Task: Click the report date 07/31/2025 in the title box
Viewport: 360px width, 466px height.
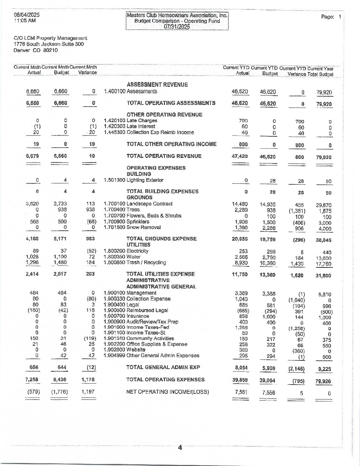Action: [x=177, y=27]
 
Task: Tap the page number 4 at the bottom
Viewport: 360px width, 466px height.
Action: [x=180, y=448]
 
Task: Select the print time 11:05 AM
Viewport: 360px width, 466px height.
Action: [x=25, y=21]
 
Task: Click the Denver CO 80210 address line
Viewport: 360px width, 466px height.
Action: [x=36, y=50]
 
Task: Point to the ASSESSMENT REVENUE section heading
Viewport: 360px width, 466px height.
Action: [x=157, y=85]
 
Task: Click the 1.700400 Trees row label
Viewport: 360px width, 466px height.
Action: [x=122, y=210]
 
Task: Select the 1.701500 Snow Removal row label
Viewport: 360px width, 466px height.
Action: [x=132, y=227]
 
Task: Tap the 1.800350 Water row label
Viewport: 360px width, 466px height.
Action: [x=122, y=257]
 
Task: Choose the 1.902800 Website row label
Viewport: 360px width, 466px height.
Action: [x=124, y=349]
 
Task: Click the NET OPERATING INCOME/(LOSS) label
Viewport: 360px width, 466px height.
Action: [x=167, y=392]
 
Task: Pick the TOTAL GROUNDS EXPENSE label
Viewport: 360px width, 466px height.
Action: [x=161, y=239]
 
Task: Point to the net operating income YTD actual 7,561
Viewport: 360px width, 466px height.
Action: [x=241, y=392]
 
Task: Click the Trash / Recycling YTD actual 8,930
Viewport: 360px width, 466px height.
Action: [x=241, y=263]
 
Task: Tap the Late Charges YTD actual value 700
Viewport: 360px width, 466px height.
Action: [x=243, y=121]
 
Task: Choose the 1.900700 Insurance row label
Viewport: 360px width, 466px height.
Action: [x=126, y=316]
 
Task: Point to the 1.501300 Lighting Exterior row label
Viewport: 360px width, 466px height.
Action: [x=134, y=180]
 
